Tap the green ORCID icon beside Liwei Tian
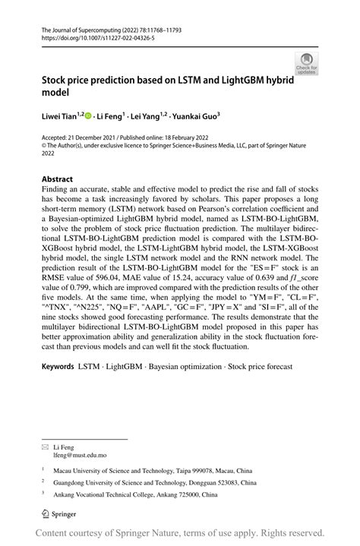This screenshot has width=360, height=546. pyautogui.click(x=88, y=115)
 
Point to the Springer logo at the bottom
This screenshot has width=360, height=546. pyautogui.click(x=57, y=515)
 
